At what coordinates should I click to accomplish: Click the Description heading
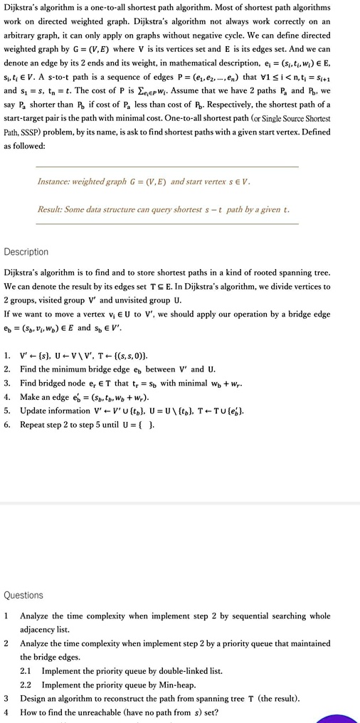[x=26, y=252]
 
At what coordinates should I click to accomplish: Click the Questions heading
[x=23, y=595]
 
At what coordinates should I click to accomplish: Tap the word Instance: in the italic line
[x=57, y=181]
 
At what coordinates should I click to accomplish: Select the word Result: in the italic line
[x=52, y=210]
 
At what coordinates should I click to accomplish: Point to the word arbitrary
[x=21, y=35]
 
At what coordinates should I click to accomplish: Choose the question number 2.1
[x=26, y=670]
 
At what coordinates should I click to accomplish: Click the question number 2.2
[x=26, y=685]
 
